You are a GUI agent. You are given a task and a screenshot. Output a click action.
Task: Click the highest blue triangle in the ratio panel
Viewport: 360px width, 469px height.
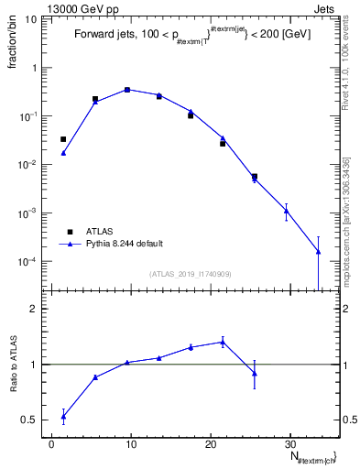click(x=223, y=342)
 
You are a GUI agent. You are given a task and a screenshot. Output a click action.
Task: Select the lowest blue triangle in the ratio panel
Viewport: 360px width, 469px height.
click(x=63, y=417)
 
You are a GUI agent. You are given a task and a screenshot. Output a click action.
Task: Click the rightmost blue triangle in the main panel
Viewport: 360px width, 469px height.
click(x=318, y=251)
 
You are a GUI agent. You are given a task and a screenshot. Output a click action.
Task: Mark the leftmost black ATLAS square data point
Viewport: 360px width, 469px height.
click(x=63, y=139)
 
